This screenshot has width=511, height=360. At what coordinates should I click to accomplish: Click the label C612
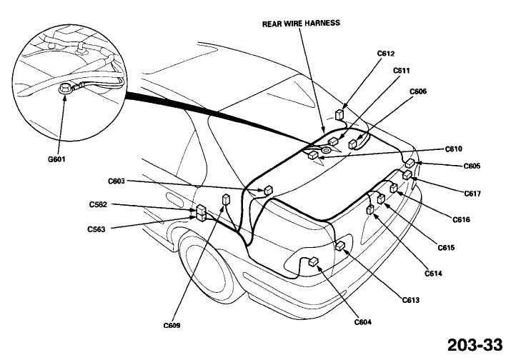[x=385, y=54]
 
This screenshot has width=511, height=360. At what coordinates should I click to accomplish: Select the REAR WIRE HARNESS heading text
[x=301, y=24]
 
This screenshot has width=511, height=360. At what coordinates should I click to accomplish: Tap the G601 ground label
[x=56, y=159]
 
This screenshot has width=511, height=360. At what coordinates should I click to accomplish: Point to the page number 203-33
[x=475, y=345]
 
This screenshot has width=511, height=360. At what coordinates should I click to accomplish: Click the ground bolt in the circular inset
[x=64, y=88]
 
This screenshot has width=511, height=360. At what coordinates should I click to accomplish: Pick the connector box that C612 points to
[x=339, y=115]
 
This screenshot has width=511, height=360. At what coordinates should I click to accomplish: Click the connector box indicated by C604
[x=313, y=261]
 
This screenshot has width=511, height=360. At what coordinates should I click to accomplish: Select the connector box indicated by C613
[x=340, y=246]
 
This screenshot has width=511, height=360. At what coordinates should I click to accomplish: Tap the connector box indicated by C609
[x=226, y=199]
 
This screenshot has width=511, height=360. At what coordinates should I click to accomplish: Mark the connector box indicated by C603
[x=268, y=190]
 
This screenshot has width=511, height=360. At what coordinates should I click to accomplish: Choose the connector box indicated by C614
[x=370, y=209]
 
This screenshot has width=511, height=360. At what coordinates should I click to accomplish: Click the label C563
[x=96, y=229]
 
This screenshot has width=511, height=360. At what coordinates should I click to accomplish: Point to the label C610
[x=454, y=149]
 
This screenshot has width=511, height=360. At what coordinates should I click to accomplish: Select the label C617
[x=472, y=194]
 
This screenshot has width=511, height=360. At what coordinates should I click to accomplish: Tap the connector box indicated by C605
[x=410, y=163]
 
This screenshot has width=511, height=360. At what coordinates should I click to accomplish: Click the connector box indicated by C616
[x=394, y=188]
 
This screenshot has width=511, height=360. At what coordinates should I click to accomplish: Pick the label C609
[x=172, y=325]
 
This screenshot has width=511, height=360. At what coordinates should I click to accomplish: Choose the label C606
[x=418, y=91]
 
